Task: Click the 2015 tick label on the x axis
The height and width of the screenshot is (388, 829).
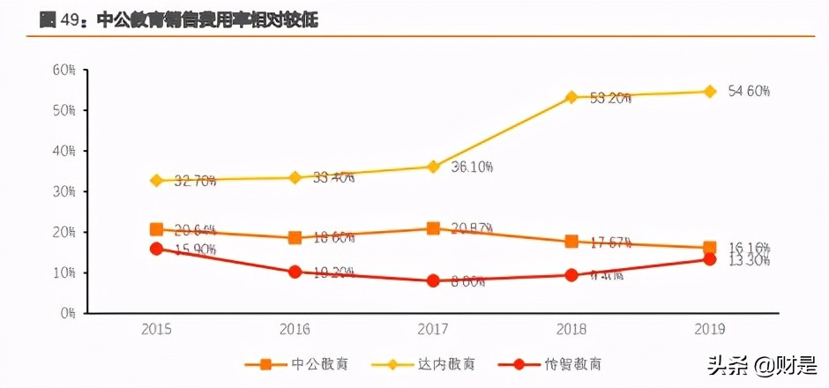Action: tap(156, 330)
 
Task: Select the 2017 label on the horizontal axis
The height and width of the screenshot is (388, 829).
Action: tap(433, 330)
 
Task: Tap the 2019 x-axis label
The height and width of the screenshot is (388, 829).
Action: tap(709, 330)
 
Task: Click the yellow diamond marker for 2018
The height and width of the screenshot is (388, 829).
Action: tap(571, 97)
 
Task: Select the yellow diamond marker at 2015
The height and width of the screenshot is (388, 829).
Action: tap(156, 181)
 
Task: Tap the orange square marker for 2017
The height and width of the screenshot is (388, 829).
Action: tap(433, 228)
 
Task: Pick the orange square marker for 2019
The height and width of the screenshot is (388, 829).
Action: tap(709, 249)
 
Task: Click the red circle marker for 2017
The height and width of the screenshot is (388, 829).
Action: tap(433, 281)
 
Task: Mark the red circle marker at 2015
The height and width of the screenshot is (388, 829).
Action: tap(156, 249)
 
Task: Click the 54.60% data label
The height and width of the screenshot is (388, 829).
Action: tap(750, 92)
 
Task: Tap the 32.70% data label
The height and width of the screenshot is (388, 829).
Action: tap(195, 182)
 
